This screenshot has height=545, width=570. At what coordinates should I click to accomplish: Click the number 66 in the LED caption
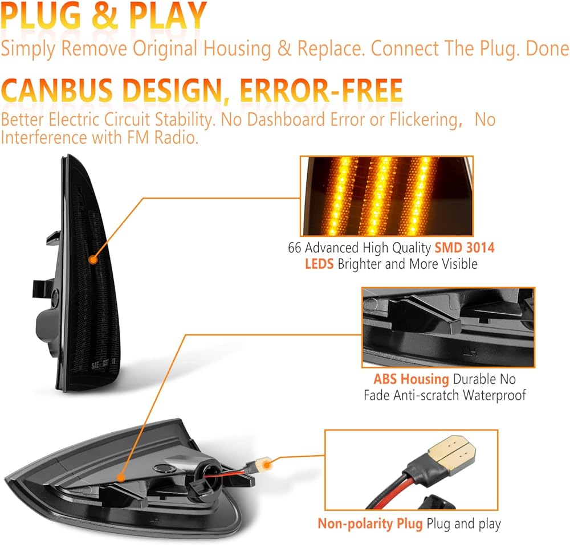[x=295, y=248]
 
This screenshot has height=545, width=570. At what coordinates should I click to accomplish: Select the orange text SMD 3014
[x=465, y=248]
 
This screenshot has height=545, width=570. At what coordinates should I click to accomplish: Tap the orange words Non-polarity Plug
[x=370, y=524]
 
